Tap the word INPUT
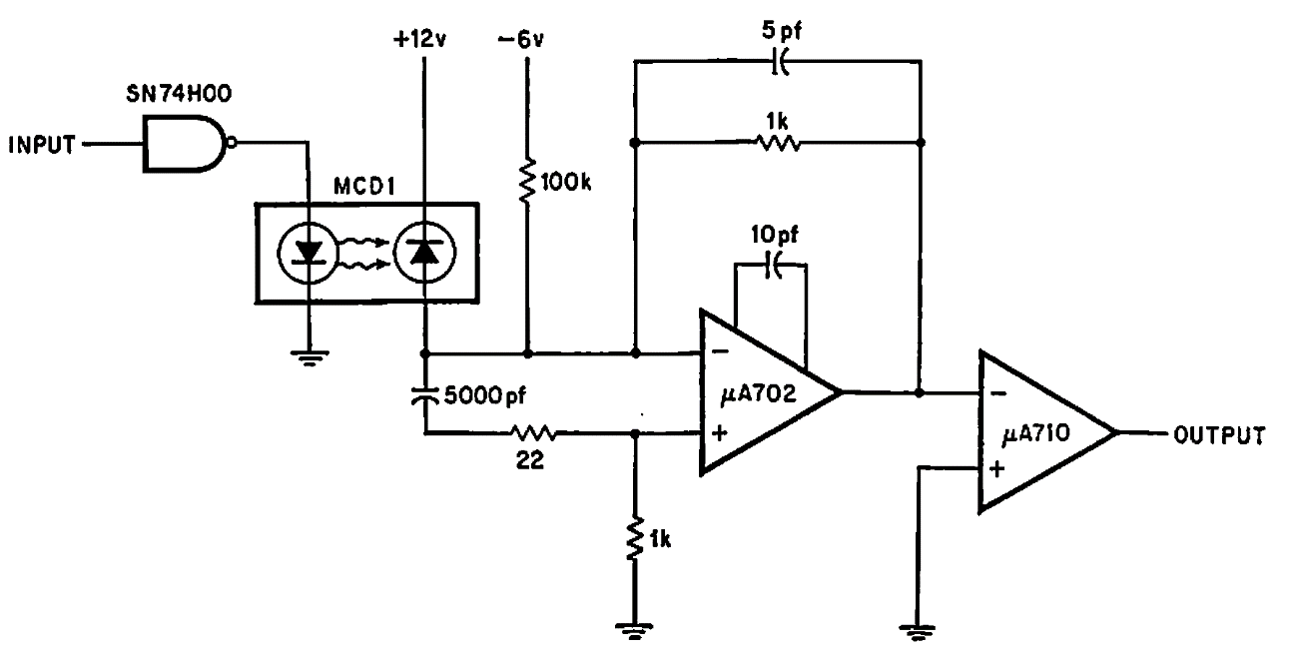coord(42,146)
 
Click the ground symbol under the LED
coord(310,357)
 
